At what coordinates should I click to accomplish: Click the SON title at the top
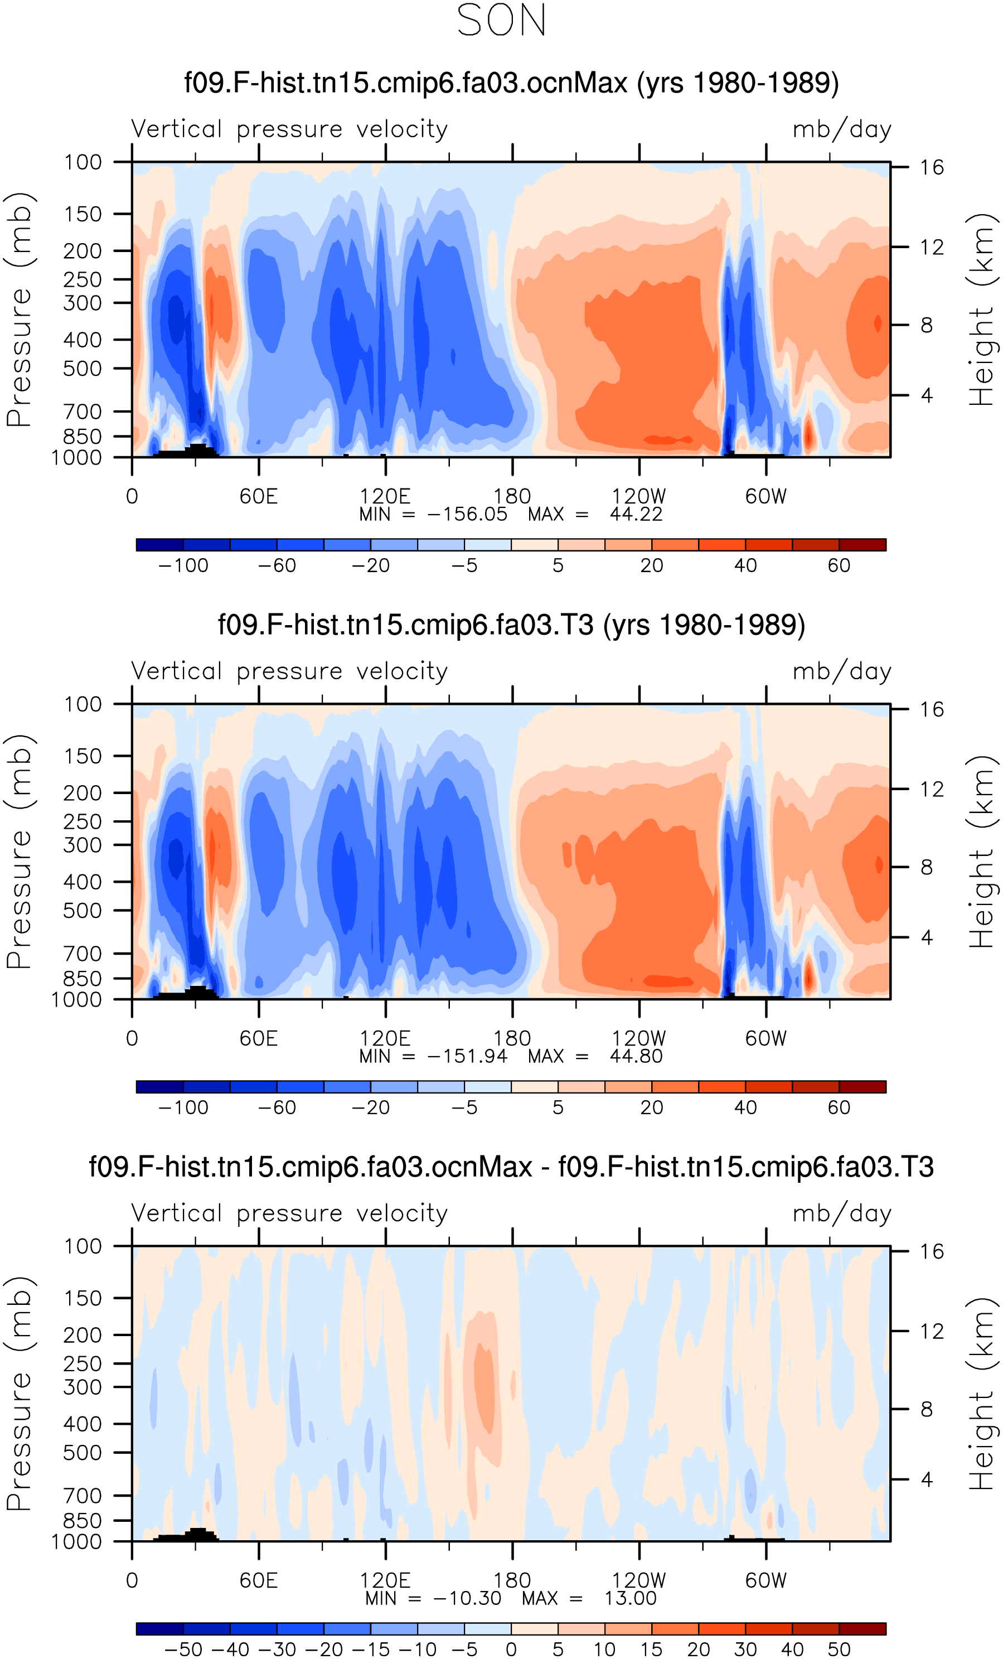(502, 21)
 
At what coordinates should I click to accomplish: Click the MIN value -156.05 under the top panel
(467, 514)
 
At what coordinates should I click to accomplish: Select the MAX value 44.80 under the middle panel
(636, 1056)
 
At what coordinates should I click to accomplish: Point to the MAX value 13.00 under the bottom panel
(630, 1598)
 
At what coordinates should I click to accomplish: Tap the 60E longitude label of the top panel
(259, 496)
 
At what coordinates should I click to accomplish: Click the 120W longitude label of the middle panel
(639, 1038)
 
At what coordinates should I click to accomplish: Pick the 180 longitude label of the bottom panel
(512, 1580)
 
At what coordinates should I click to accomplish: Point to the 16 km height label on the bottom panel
(932, 1251)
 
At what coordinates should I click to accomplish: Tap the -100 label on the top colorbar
(183, 565)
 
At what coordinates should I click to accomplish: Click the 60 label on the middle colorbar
(839, 1107)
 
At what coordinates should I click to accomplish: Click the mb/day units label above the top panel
(842, 129)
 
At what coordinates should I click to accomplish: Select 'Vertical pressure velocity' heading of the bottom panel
(289, 1213)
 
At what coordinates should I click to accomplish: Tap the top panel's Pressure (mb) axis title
(19, 309)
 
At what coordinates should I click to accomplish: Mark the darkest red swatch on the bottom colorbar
(863, 1629)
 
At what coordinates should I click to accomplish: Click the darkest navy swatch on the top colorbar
(159, 545)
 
